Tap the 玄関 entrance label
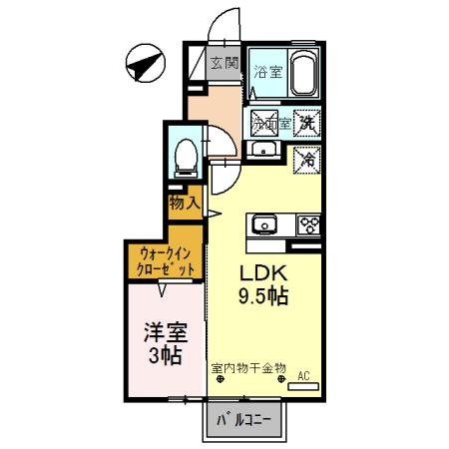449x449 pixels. tap(224, 64)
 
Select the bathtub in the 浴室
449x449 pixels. tap(302, 73)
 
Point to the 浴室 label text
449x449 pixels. tap(265, 72)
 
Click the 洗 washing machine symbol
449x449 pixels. tap(311, 123)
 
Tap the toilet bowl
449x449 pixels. tap(184, 154)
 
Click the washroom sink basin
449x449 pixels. tap(263, 151)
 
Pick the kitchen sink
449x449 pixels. tap(265, 224)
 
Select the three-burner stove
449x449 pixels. tap(307, 224)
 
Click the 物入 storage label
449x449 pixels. tap(185, 203)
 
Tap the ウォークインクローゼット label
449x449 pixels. tap(164, 261)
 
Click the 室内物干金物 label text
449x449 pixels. tap(248, 367)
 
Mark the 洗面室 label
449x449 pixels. tap(269, 125)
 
